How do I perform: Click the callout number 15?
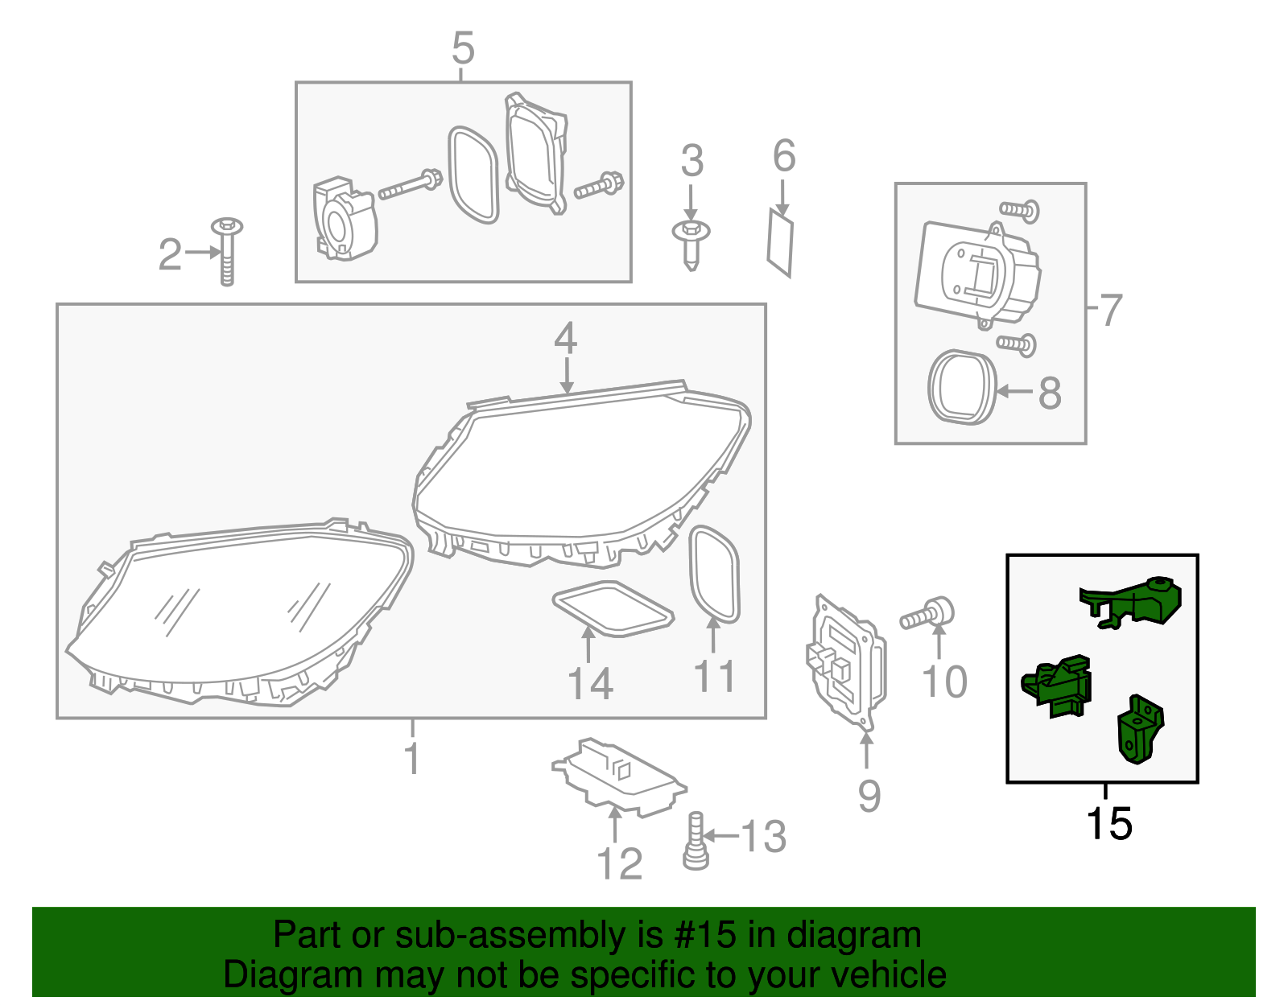tap(1108, 824)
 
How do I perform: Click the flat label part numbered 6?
tap(780, 241)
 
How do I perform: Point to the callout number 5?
tap(463, 48)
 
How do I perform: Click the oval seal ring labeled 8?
tap(962, 387)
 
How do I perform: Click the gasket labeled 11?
tap(714, 574)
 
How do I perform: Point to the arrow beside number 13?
tap(720, 835)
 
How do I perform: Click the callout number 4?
tap(565, 339)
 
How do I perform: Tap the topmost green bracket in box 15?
tap(1131, 602)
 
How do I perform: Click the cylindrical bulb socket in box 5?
tap(344, 220)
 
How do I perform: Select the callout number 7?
tap(1111, 310)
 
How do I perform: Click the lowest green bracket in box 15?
tap(1139, 730)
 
